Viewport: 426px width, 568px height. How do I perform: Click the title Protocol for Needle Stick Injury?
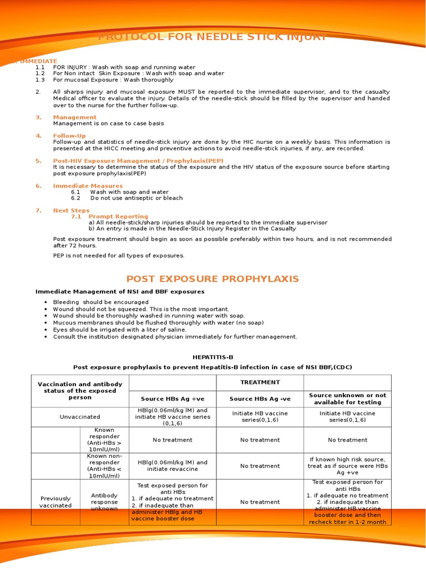tap(212, 38)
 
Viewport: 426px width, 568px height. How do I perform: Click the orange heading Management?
tap(74, 117)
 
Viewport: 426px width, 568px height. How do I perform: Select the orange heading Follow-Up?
tap(69, 135)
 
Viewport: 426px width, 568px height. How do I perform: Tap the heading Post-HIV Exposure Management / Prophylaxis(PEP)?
tap(138, 160)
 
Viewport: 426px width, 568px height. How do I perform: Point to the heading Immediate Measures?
tap(88, 186)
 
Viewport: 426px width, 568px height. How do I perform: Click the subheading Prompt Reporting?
tap(118, 216)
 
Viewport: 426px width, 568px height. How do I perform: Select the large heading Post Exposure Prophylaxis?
tap(212, 278)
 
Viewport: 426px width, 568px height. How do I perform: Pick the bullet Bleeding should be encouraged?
tap(100, 302)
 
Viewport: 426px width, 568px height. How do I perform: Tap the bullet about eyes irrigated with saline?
tap(119, 329)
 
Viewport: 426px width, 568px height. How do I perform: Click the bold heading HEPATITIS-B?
tap(212, 358)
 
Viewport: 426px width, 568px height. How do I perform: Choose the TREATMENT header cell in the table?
tap(260, 382)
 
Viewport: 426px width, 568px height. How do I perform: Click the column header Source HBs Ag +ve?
tap(172, 399)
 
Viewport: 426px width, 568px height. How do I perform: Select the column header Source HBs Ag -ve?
tap(260, 399)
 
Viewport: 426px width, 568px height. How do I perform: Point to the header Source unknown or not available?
tap(347, 399)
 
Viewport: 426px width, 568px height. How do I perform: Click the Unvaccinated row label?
tap(80, 417)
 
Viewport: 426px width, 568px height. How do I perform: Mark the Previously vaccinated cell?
tap(55, 502)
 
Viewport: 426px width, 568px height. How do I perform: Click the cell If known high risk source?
tap(347, 466)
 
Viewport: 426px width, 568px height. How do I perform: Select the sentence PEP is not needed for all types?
tap(118, 256)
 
